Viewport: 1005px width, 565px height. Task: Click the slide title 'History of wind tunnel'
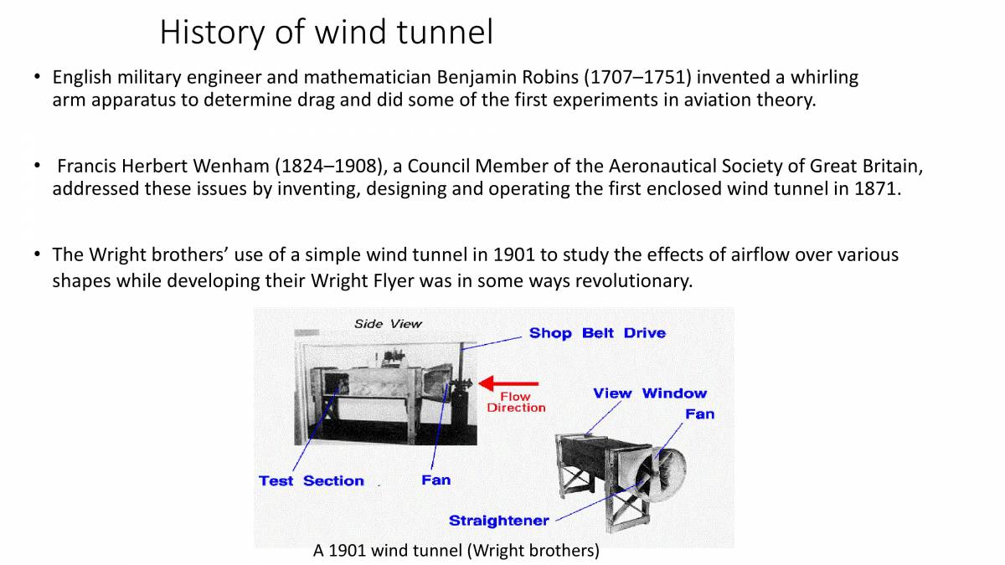(x=326, y=33)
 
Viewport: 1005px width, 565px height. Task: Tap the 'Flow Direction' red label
(x=516, y=403)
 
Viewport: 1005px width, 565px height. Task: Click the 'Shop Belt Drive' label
(x=597, y=333)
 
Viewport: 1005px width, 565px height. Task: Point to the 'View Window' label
(x=649, y=393)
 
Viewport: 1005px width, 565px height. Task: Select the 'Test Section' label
(x=311, y=481)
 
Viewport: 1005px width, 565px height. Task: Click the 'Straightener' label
(x=498, y=521)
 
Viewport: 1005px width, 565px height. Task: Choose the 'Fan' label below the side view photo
(x=435, y=480)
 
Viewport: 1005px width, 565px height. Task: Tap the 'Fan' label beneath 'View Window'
(x=699, y=414)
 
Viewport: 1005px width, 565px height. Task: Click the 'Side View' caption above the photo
(x=388, y=324)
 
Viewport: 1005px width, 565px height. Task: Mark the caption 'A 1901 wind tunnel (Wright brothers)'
(x=456, y=551)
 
